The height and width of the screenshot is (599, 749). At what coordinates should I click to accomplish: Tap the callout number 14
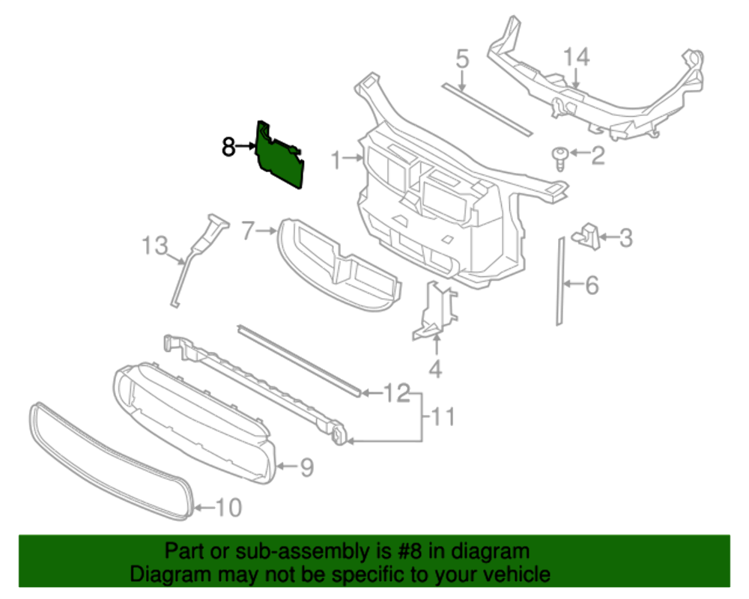click(x=577, y=57)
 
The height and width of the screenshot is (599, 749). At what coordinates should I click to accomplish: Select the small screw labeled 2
click(x=557, y=156)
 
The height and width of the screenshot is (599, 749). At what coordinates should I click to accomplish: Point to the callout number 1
click(x=337, y=159)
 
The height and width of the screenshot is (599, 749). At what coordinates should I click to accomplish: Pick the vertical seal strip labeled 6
click(x=559, y=281)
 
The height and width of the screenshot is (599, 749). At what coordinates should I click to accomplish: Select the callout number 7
click(x=249, y=232)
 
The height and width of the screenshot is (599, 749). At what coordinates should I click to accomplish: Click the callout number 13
click(x=155, y=245)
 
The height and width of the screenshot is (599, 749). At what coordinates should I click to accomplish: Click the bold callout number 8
click(x=228, y=148)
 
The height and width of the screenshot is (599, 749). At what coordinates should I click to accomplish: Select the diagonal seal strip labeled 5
click(x=487, y=109)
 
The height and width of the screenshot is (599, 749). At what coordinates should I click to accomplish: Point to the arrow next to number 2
click(x=577, y=156)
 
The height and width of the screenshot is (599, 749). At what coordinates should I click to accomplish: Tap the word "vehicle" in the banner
click(x=512, y=575)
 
